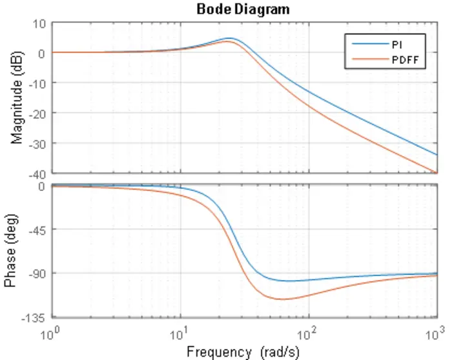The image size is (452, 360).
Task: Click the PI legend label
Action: pyautogui.click(x=397, y=44)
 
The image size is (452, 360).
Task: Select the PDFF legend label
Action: pyautogui.click(x=404, y=59)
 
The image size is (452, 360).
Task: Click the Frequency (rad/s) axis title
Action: pyautogui.click(x=243, y=352)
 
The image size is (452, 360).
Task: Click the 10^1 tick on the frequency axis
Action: pyautogui.click(x=180, y=334)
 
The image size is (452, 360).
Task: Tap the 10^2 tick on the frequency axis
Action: pyautogui.click(x=308, y=334)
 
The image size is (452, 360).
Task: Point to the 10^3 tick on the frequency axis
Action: pyautogui.click(x=436, y=334)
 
